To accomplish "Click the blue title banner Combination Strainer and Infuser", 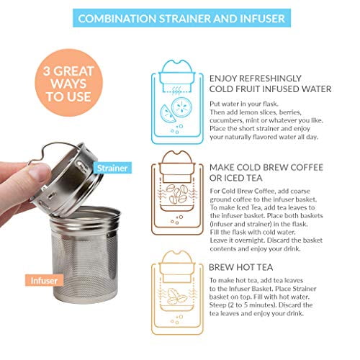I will (180, 17).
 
